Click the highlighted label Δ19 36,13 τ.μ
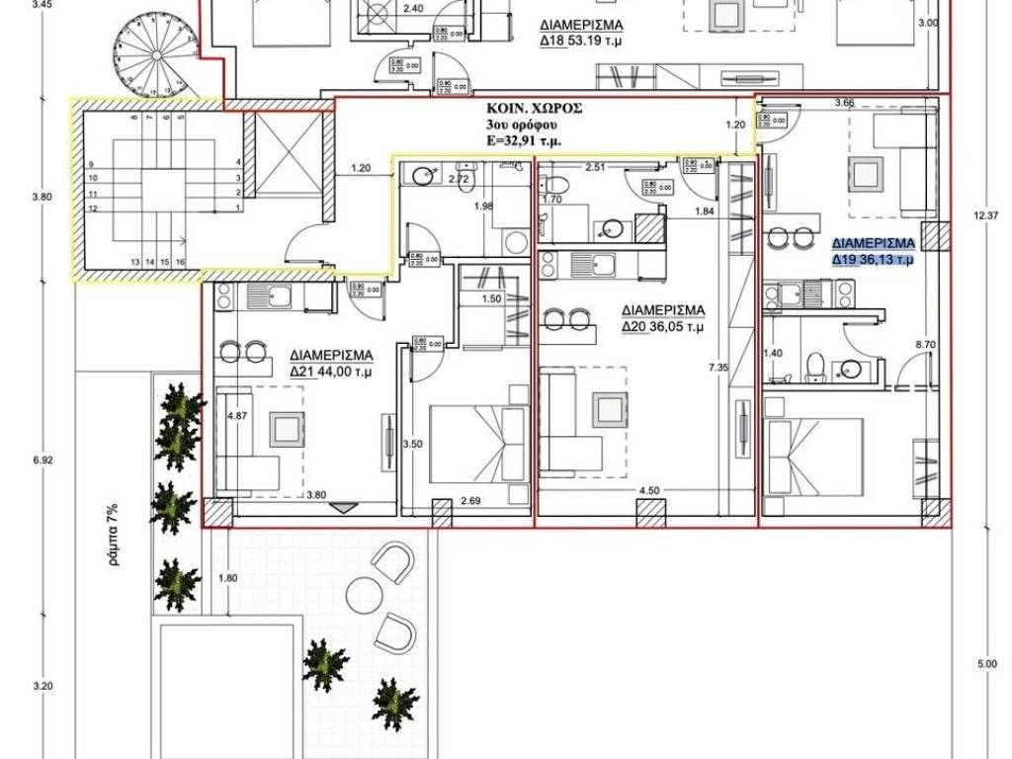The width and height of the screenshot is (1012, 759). click(x=873, y=261)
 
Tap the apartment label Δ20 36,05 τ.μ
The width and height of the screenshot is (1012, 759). click(x=662, y=325)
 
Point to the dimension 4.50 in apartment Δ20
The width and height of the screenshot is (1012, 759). click(x=649, y=489)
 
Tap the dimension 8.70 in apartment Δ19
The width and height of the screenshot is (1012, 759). click(x=926, y=344)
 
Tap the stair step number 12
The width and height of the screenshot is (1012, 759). click(x=92, y=210)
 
